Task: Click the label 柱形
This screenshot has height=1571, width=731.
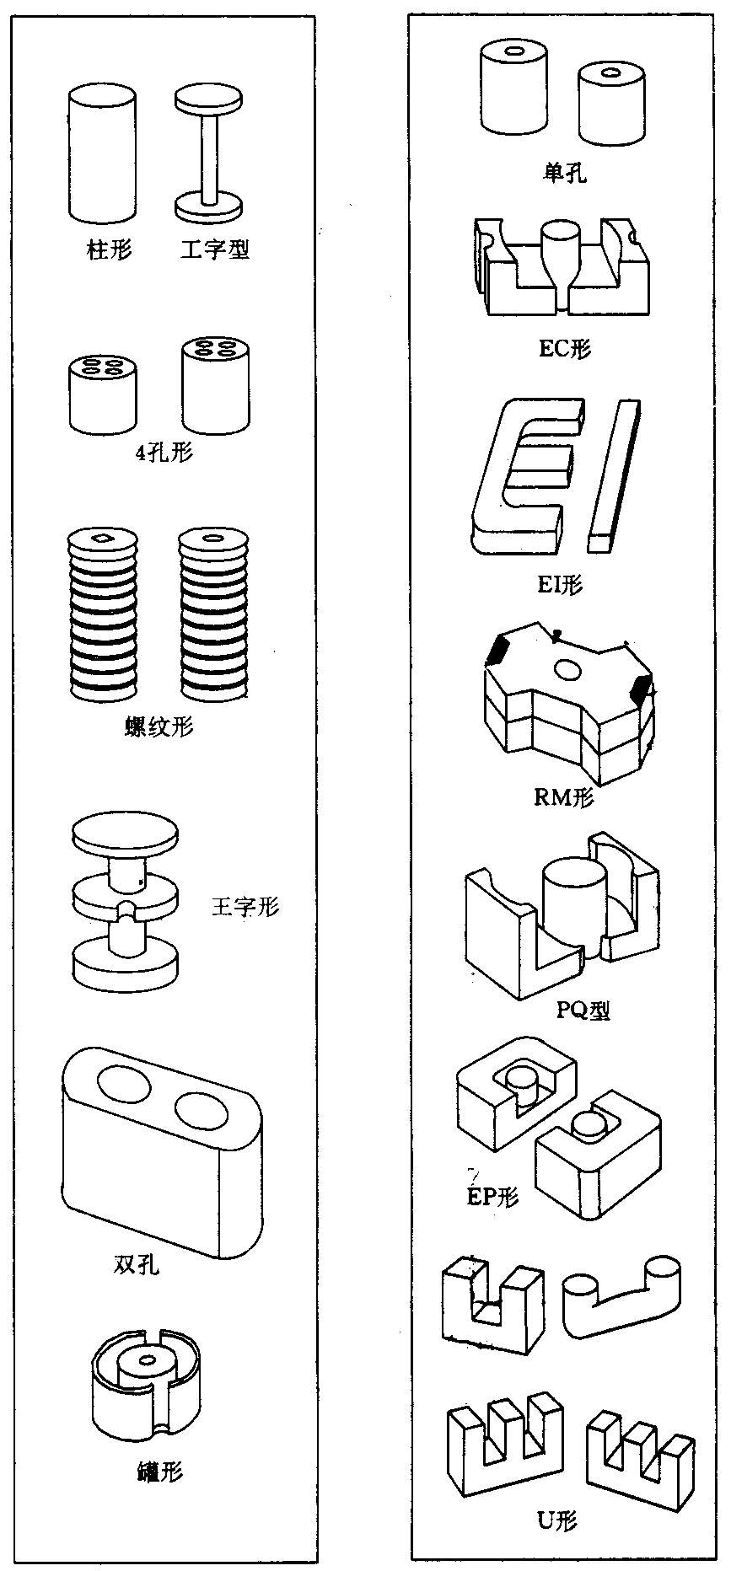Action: tap(110, 250)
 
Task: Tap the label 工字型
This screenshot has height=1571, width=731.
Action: tap(215, 250)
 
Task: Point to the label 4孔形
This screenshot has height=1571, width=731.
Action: tap(164, 453)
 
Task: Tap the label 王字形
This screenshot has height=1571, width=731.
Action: tap(244, 908)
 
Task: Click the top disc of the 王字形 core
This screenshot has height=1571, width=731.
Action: tap(126, 834)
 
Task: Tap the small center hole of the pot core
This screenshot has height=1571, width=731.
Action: tap(148, 1360)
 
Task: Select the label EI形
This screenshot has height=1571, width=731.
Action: tap(560, 584)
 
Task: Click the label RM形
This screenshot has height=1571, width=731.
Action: tap(564, 796)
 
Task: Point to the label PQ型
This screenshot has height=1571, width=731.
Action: tap(583, 1010)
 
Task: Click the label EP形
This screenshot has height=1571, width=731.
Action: tap(493, 1197)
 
